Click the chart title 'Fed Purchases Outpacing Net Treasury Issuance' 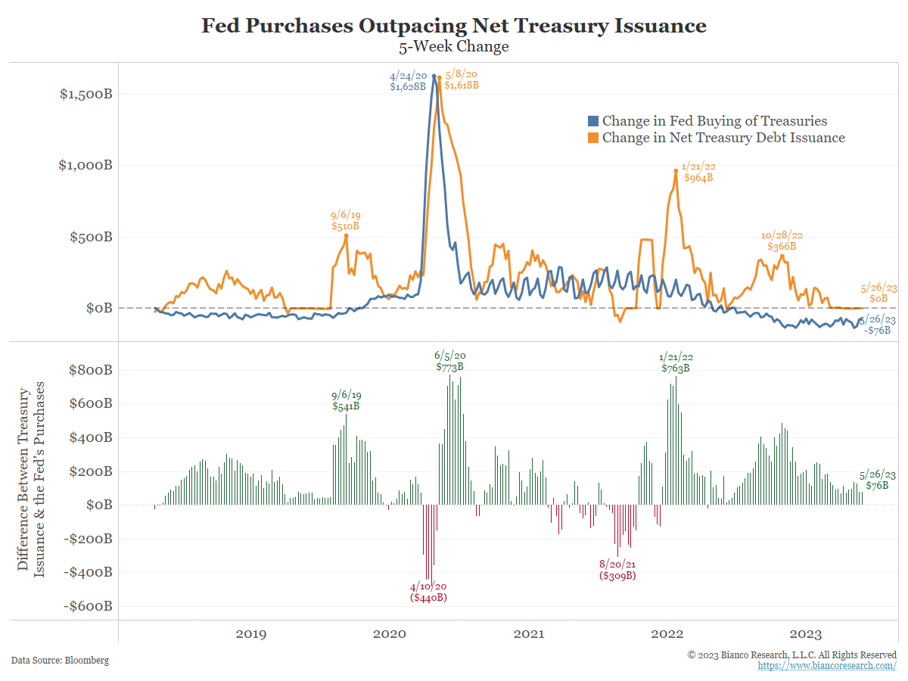point(454,26)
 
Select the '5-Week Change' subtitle point(454,46)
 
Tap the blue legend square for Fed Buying point(593,121)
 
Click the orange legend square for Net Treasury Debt point(593,138)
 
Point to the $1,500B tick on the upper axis point(86,95)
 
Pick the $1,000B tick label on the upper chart point(86,166)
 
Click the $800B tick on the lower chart point(87,371)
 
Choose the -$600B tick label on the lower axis point(87,606)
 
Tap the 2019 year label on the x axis point(250,634)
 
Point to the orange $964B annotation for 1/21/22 point(698,178)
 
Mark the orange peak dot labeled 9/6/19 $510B point(347,236)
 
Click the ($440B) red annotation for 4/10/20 point(428,597)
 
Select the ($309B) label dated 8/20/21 point(617,575)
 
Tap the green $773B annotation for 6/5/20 point(449,367)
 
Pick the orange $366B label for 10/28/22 point(782,246)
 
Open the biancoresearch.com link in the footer point(827,665)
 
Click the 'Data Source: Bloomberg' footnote point(60,661)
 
